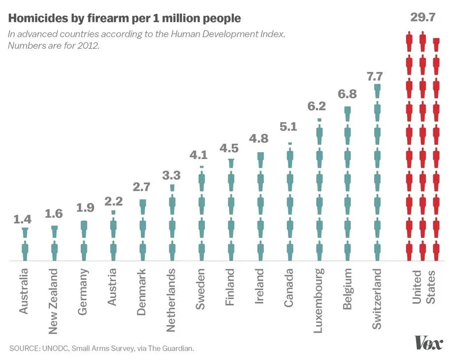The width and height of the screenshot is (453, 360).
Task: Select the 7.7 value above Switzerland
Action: pyautogui.click(x=378, y=76)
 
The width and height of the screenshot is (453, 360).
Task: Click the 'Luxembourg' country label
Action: pyautogui.click(x=319, y=300)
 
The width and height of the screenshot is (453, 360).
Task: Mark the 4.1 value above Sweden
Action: pyautogui.click(x=200, y=155)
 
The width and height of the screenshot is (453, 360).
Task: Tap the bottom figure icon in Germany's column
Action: pyautogui.click(x=83, y=251)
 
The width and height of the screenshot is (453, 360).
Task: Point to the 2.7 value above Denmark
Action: pyautogui.click(x=142, y=187)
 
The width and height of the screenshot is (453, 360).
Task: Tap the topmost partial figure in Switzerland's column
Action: pyautogui.click(x=377, y=91)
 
